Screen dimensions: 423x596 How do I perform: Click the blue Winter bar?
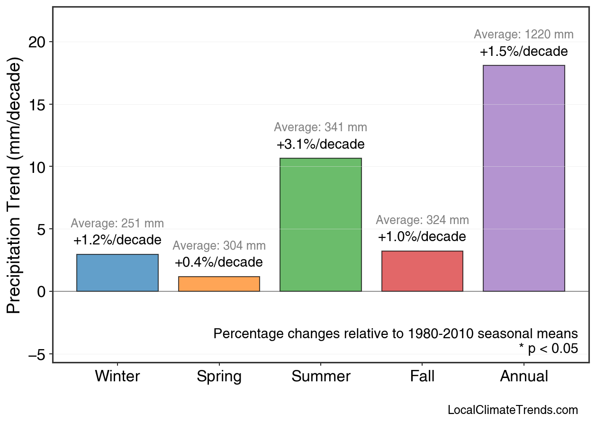click(x=117, y=273)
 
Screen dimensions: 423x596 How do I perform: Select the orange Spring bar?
click(x=219, y=284)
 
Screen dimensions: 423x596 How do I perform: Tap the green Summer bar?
click(x=320, y=225)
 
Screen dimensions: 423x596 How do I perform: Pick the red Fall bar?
click(x=422, y=271)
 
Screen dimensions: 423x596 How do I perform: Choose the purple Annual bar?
click(x=524, y=178)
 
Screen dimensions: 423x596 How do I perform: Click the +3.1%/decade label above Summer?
click(x=320, y=144)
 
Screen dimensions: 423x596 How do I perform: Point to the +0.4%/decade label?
click(x=219, y=262)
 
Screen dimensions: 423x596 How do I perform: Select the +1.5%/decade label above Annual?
click(x=524, y=51)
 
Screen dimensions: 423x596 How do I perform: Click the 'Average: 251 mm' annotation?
click(x=117, y=224)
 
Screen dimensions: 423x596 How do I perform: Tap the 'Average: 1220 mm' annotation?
click(x=524, y=35)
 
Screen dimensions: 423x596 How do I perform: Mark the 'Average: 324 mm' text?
click(x=422, y=220)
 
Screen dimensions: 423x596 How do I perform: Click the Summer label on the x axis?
click(x=320, y=377)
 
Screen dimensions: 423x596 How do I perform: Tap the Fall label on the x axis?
click(x=422, y=377)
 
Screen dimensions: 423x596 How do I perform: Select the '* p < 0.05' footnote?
click(x=548, y=349)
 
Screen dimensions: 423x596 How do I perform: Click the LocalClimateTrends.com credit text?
click(x=513, y=410)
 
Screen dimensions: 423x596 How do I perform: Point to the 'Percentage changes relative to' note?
click(x=396, y=333)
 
